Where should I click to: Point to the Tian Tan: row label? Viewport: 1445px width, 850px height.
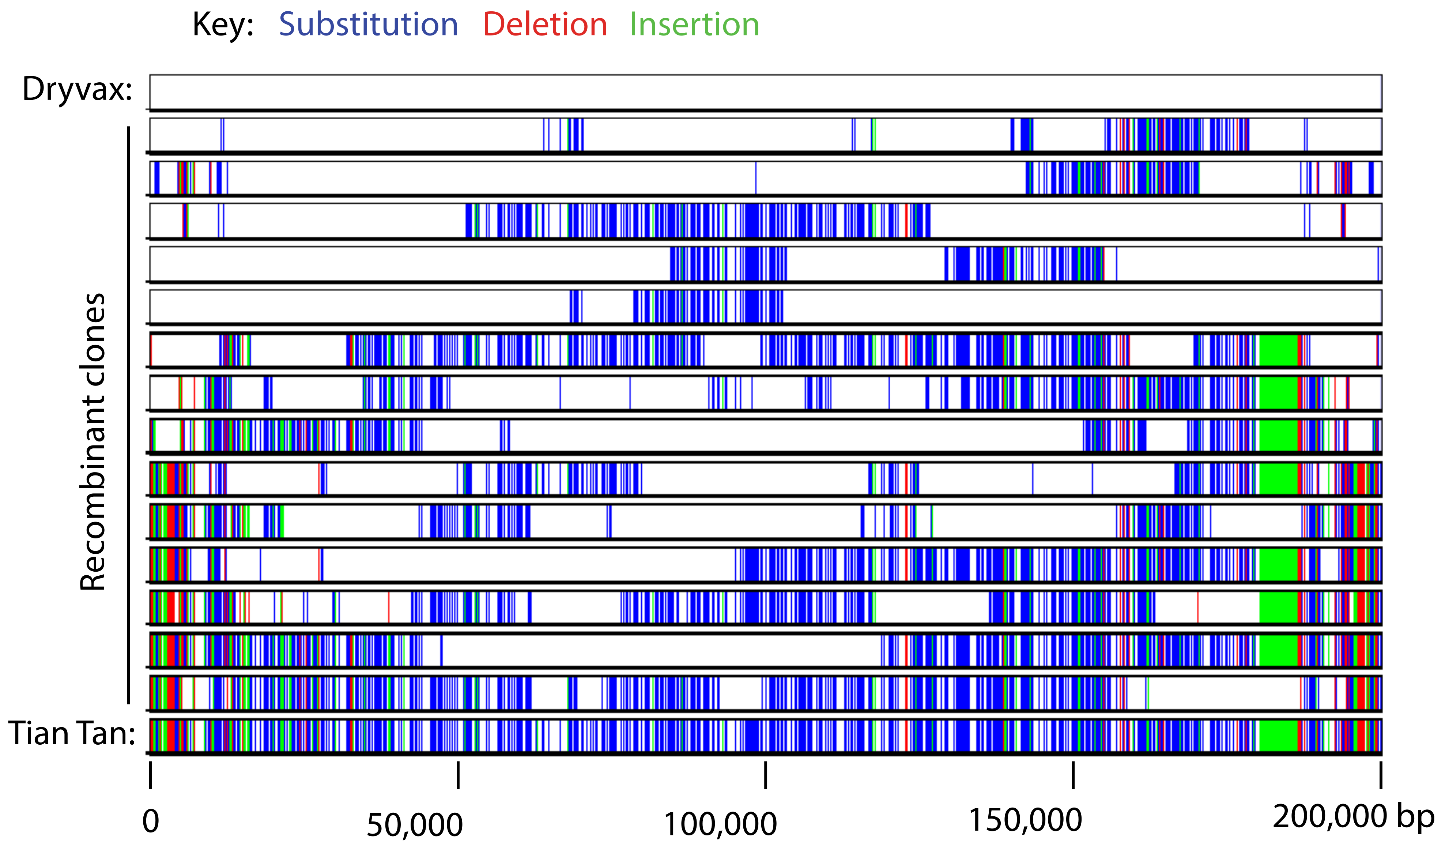[x=72, y=734]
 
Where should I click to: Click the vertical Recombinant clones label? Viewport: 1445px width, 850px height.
[x=93, y=441]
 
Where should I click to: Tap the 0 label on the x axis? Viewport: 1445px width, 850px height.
[x=150, y=821]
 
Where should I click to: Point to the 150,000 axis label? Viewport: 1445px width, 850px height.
[x=1025, y=820]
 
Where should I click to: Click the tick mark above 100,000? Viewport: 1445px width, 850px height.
[x=766, y=775]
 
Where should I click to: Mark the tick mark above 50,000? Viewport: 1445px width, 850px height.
[x=457, y=775]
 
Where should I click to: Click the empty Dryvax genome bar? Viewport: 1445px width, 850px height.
[x=766, y=92]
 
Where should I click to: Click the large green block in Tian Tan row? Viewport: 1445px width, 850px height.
[x=1278, y=736]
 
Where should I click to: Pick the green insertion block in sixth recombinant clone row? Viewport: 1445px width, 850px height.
[x=1278, y=350]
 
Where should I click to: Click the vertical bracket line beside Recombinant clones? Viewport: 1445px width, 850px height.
[x=128, y=416]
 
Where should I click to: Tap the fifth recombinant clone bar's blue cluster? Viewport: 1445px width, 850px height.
[x=708, y=307]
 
